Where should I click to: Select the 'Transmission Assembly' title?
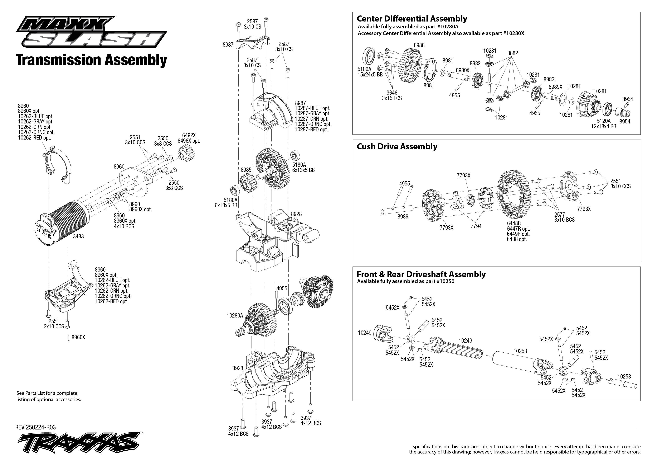[91, 60]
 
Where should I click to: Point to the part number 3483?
[78, 236]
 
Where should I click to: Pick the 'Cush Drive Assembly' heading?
[397, 146]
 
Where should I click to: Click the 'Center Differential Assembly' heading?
[412, 19]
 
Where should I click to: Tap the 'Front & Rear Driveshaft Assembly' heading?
[421, 274]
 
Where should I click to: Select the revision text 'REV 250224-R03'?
[35, 427]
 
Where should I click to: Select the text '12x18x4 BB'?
[603, 126]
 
